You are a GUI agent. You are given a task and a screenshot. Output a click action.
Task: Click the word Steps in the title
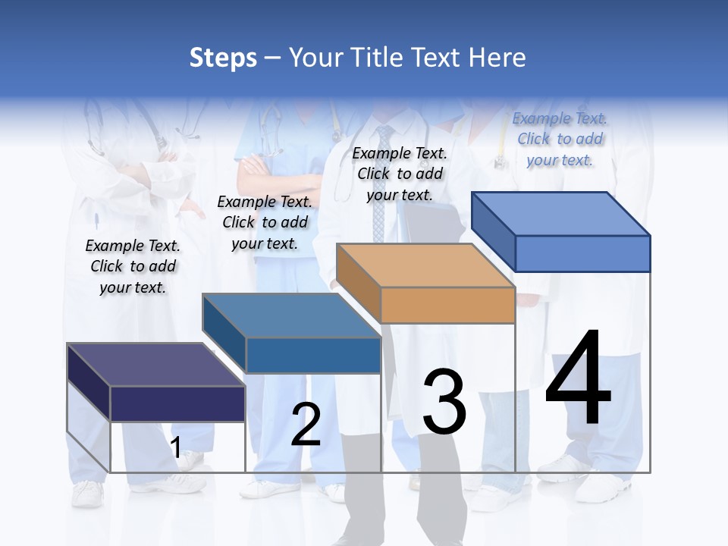tap(223, 58)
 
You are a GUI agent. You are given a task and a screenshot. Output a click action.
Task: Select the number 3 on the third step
tap(444, 402)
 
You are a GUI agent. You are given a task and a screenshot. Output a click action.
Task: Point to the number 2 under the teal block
tap(306, 425)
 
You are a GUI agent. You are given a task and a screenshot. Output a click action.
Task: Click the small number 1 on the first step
tap(176, 447)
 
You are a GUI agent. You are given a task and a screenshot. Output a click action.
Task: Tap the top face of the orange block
tap(425, 265)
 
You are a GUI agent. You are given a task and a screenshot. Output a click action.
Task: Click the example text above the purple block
tap(133, 266)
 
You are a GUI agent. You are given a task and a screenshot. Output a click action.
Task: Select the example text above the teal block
tap(265, 222)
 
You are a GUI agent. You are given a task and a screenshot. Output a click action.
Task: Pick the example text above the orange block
tap(400, 174)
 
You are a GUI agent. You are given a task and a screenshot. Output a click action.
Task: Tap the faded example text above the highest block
tap(560, 139)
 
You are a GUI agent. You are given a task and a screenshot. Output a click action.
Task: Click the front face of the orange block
tap(447, 306)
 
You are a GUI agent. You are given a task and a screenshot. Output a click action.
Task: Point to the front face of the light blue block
tap(582, 253)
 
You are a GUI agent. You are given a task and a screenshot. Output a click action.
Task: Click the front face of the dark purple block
tap(177, 403)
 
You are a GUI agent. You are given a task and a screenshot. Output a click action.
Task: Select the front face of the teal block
tap(313, 355)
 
